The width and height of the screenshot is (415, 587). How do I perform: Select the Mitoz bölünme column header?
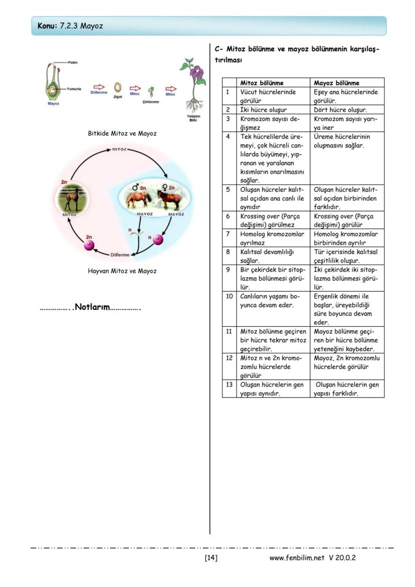262,83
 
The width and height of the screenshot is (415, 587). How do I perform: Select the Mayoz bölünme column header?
336,83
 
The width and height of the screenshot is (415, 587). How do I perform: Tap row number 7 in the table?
228,234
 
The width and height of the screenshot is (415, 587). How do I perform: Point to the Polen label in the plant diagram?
73,62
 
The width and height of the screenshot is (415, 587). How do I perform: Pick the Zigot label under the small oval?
118,96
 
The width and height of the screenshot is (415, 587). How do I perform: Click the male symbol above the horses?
135,187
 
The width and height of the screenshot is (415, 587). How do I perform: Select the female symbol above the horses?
165,187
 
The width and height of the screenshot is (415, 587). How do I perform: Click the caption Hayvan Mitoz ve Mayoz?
122,271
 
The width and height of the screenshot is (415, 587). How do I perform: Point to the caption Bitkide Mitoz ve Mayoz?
122,133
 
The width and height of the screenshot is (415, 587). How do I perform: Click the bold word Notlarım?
92,307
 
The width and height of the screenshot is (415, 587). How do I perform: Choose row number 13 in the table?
229,385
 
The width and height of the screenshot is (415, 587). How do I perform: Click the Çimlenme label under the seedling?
150,102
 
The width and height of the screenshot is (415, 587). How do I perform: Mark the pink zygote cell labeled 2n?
89,245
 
